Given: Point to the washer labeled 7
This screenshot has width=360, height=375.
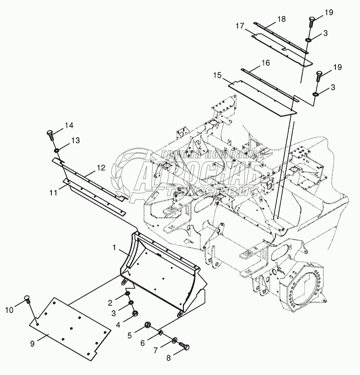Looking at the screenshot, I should (x=173, y=341).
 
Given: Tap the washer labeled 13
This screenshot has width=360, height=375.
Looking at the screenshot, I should (x=57, y=150).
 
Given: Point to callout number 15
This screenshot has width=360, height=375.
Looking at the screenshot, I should (x=217, y=75).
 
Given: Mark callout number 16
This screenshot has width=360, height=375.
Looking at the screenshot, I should (x=265, y=62).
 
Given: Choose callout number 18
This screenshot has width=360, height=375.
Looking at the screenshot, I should (x=281, y=19).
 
